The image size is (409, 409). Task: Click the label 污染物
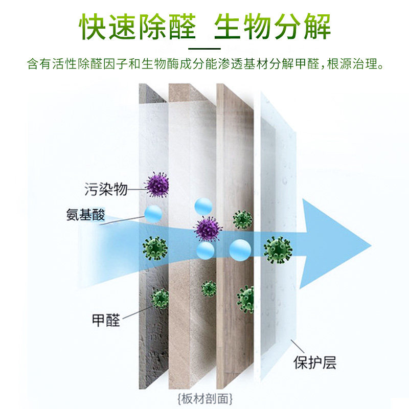point(105,190)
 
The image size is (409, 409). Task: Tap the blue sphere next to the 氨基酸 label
point(153,213)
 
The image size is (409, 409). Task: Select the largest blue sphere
point(240,249)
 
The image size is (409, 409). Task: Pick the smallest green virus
point(209,289)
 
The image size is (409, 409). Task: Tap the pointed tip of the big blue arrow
point(372,241)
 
